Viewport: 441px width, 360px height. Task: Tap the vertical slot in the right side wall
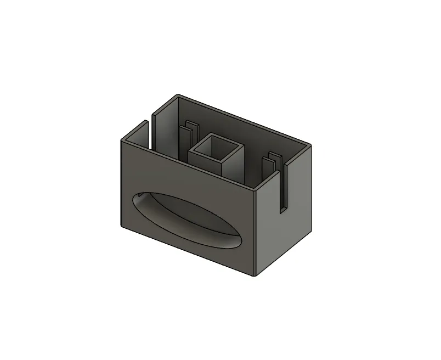tap(282, 187)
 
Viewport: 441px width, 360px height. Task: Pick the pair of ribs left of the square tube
tap(188, 135)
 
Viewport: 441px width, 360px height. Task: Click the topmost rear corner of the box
tap(178, 97)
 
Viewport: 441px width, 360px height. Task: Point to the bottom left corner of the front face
tap(121, 224)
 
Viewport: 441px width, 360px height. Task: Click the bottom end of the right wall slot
tap(282, 208)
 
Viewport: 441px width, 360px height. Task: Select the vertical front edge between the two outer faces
tap(256, 233)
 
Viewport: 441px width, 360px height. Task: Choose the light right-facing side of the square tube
tap(234, 164)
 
